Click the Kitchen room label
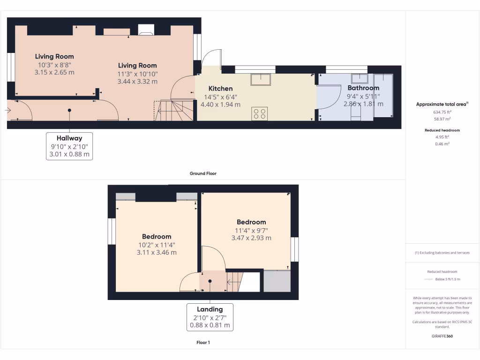(220, 89)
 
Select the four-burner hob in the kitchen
(260, 113)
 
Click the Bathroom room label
(363, 88)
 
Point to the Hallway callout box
(69, 146)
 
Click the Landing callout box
(210, 317)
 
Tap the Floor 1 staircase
(236, 281)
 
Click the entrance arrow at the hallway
(8, 110)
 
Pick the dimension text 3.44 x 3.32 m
(137, 82)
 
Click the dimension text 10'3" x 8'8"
(54, 65)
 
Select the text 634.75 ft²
(442, 112)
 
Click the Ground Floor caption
(203, 173)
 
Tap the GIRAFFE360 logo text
(442, 336)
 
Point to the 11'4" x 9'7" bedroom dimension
(251, 230)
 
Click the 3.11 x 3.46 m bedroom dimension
(157, 252)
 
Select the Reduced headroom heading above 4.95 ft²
(442, 130)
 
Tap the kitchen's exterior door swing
(210, 58)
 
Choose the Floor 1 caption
(203, 343)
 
